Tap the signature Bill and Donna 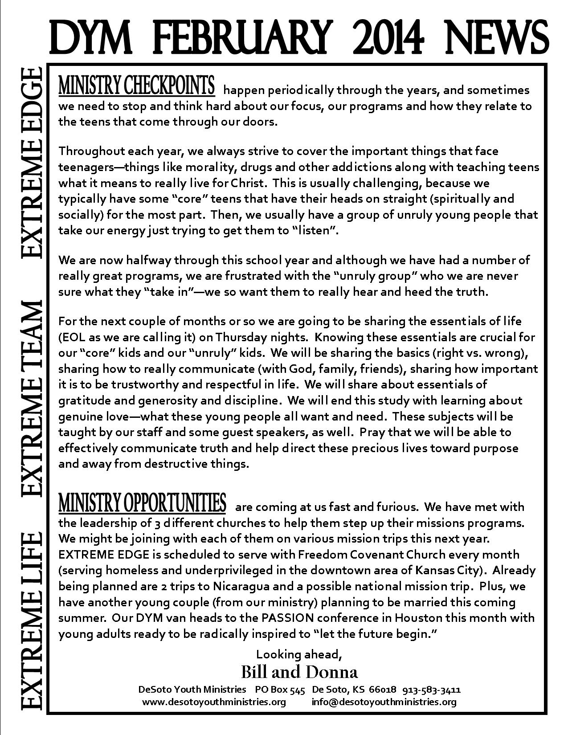[x=299, y=672]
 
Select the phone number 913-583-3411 [x=431, y=690]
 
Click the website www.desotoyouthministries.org [x=214, y=702]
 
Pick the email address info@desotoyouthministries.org [x=384, y=702]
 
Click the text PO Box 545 [x=280, y=690]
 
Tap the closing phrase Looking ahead [x=299, y=654]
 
